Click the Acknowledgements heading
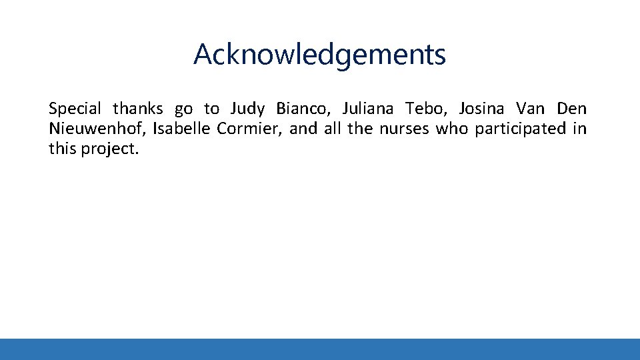pos(319,55)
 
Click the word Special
pos(75,109)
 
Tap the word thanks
pos(137,109)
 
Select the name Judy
pos(248,109)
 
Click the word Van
pos(530,109)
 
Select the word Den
pos(572,109)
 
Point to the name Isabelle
pos(181,129)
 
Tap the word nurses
pos(405,129)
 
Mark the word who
pos(453,129)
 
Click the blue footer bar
pos(320,349)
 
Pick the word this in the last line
pos(63,149)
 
